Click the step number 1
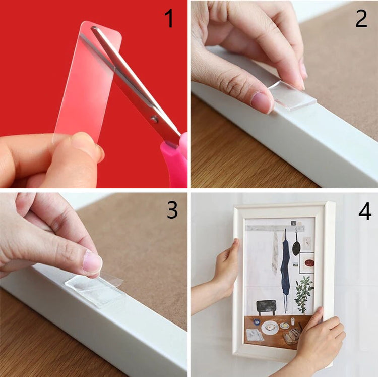[169, 18]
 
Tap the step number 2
[361, 18]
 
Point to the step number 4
[365, 211]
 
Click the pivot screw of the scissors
[154, 119]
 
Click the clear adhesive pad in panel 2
[292, 95]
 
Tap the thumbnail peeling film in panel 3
[92, 262]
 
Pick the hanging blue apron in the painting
[285, 268]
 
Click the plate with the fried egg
[270, 328]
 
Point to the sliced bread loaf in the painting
[292, 336]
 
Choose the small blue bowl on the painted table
[256, 321]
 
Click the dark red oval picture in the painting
[309, 263]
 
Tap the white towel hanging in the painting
[275, 253]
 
